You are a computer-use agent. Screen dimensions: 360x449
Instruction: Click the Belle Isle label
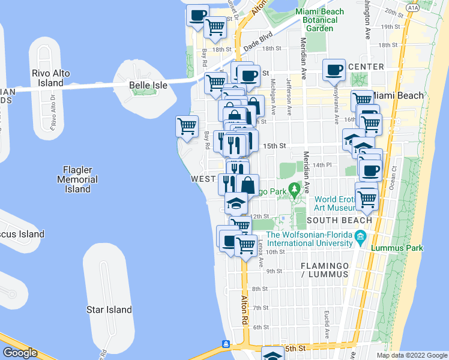[148, 85]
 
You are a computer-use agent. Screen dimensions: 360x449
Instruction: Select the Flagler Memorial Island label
[77, 179]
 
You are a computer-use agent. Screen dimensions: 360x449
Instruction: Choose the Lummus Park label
[397, 248]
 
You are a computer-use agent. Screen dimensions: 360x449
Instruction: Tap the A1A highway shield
[412, 7]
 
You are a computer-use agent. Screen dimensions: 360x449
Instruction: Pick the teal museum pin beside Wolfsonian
[360, 236]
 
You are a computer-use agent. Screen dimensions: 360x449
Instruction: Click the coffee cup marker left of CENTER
[334, 70]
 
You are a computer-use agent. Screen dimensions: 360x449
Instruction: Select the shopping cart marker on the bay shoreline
[187, 127]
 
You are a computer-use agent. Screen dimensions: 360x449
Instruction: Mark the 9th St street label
[274, 271]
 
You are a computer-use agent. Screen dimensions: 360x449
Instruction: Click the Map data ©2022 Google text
[411, 355]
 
